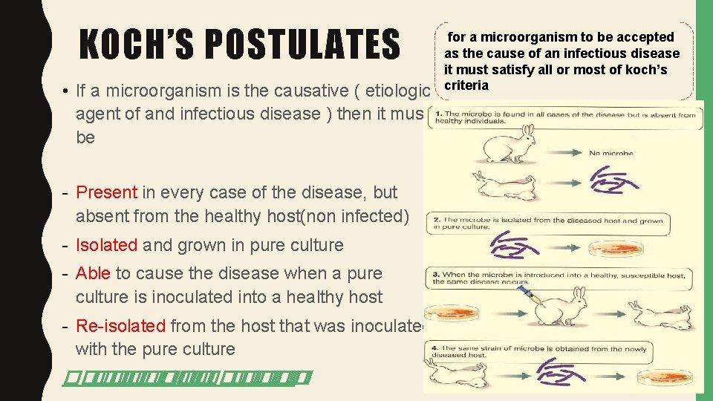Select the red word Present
pos(106,192)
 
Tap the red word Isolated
pos(106,245)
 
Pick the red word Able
pos(93,273)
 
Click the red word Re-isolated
pos(121,326)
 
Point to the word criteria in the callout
pos(466,85)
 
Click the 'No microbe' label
pos(611,154)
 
